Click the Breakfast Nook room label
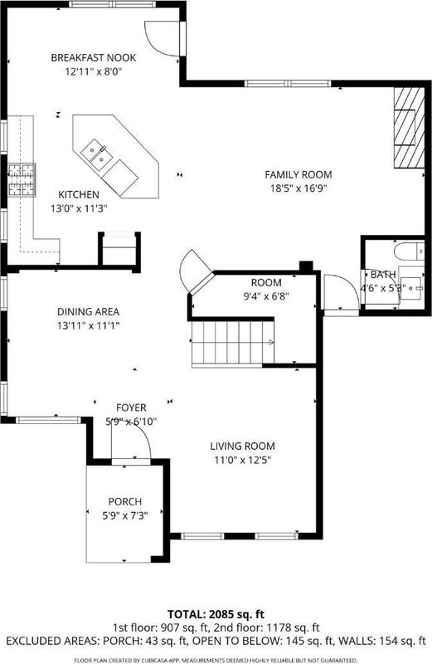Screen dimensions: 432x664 (x=93, y=57)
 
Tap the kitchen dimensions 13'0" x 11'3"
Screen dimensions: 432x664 (x=79, y=208)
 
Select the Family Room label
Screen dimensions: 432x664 (x=299, y=174)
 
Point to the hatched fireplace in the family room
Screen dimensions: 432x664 (x=409, y=128)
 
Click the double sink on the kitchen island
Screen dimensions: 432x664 (x=97, y=154)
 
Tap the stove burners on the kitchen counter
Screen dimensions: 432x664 (x=22, y=180)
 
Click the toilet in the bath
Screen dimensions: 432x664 (x=409, y=251)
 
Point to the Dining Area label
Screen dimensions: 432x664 (x=88, y=312)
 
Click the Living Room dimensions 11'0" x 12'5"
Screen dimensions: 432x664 (x=242, y=460)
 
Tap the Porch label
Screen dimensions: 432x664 (x=125, y=502)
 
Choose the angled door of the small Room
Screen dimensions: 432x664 (x=196, y=272)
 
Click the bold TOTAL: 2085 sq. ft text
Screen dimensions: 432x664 (x=216, y=614)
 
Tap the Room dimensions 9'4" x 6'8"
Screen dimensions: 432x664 (x=265, y=296)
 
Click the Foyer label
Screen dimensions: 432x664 (x=131, y=408)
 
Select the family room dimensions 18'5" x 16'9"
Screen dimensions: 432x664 (x=299, y=188)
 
